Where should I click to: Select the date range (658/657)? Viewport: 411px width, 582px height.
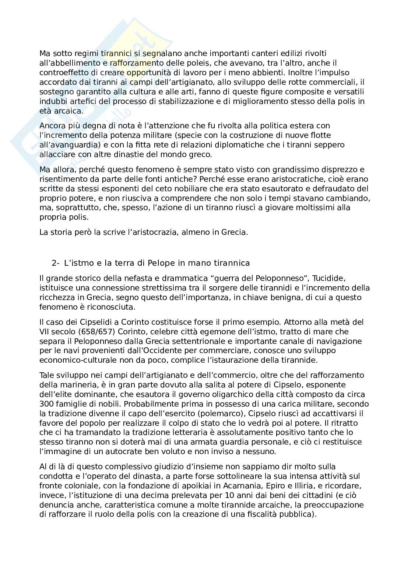(x=93, y=331)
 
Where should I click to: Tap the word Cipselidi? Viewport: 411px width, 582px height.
(x=88, y=322)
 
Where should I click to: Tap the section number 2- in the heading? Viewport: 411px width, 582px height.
(x=56, y=263)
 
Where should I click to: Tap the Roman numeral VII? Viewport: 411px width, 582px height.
(x=45, y=331)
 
